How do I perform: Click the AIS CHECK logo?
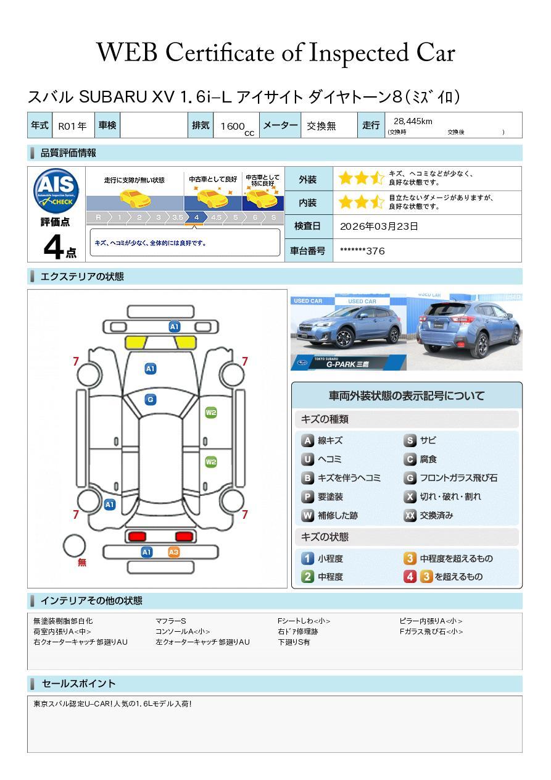(x=56, y=191)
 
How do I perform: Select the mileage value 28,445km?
(x=413, y=121)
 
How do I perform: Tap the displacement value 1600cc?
(x=237, y=127)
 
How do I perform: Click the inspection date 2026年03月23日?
(x=379, y=226)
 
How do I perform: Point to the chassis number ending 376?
(x=362, y=251)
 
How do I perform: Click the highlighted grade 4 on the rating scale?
(x=197, y=217)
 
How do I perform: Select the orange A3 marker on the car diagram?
(x=173, y=552)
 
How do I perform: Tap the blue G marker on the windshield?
(x=151, y=400)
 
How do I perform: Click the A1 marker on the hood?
(x=151, y=369)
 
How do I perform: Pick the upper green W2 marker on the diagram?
(x=211, y=413)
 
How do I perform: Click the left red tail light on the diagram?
(x=137, y=536)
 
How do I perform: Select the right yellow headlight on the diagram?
(x=186, y=343)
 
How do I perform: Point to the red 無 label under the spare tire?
(x=82, y=562)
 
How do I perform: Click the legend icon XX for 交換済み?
(x=410, y=515)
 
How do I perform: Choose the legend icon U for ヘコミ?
(x=307, y=459)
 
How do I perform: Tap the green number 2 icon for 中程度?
(x=307, y=577)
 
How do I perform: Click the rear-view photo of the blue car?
(x=465, y=332)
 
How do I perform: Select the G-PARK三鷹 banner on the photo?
(x=349, y=363)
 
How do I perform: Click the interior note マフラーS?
(x=171, y=621)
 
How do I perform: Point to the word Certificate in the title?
(x=220, y=52)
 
